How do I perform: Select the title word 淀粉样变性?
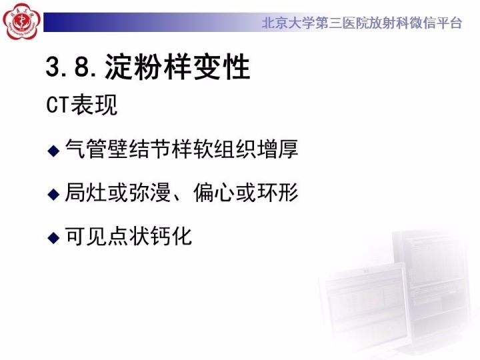coord(177,68)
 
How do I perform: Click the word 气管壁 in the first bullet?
coord(99,149)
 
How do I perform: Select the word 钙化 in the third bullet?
coord(181,236)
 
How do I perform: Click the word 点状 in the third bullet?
coord(134,236)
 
